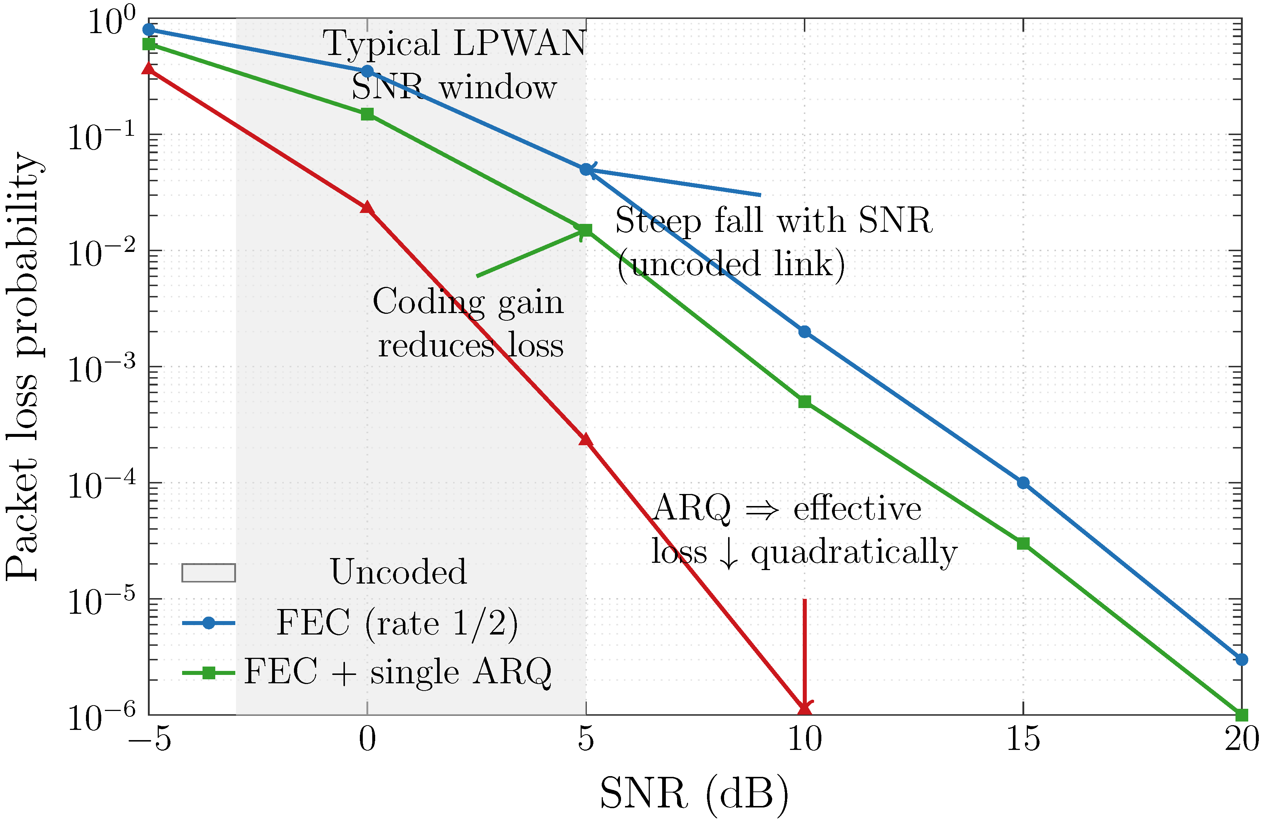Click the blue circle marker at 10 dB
point(805,332)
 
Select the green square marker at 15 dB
point(1023,544)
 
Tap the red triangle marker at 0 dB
point(367,207)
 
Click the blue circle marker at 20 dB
point(1242,660)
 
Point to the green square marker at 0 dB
point(367,114)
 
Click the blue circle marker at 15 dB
point(1023,483)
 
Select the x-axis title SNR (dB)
point(694,794)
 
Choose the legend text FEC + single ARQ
point(398,671)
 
